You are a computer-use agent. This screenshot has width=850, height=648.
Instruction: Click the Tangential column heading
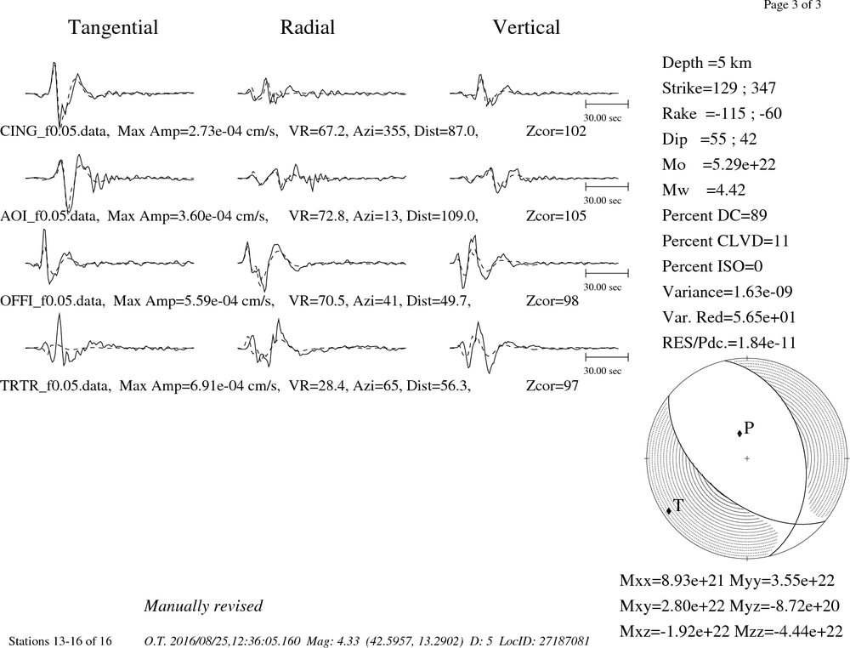tap(113, 28)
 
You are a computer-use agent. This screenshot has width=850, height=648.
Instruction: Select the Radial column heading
tap(308, 27)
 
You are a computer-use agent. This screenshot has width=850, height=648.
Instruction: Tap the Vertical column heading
tap(526, 27)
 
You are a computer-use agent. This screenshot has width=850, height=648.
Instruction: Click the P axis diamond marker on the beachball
tap(739, 433)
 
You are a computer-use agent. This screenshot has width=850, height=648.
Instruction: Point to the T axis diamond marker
tap(669, 510)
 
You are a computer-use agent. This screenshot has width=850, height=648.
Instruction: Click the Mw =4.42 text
tap(704, 190)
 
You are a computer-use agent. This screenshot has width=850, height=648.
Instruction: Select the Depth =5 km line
tap(707, 63)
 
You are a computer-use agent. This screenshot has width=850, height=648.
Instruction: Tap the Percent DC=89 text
tap(715, 215)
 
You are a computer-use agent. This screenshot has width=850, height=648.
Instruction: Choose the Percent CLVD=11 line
tap(725, 241)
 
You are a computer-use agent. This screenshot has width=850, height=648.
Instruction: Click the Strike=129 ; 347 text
tap(719, 88)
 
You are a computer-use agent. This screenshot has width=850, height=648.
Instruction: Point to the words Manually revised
tap(203, 605)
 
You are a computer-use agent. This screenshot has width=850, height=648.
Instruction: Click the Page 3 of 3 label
tap(792, 5)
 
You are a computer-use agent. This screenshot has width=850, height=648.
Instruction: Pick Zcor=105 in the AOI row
tap(556, 216)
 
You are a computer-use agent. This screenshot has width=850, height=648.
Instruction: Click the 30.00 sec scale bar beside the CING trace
tap(607, 104)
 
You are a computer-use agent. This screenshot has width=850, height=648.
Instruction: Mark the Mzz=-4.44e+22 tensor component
tap(788, 631)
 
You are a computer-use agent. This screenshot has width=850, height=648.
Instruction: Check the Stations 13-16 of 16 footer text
tap(60, 641)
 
